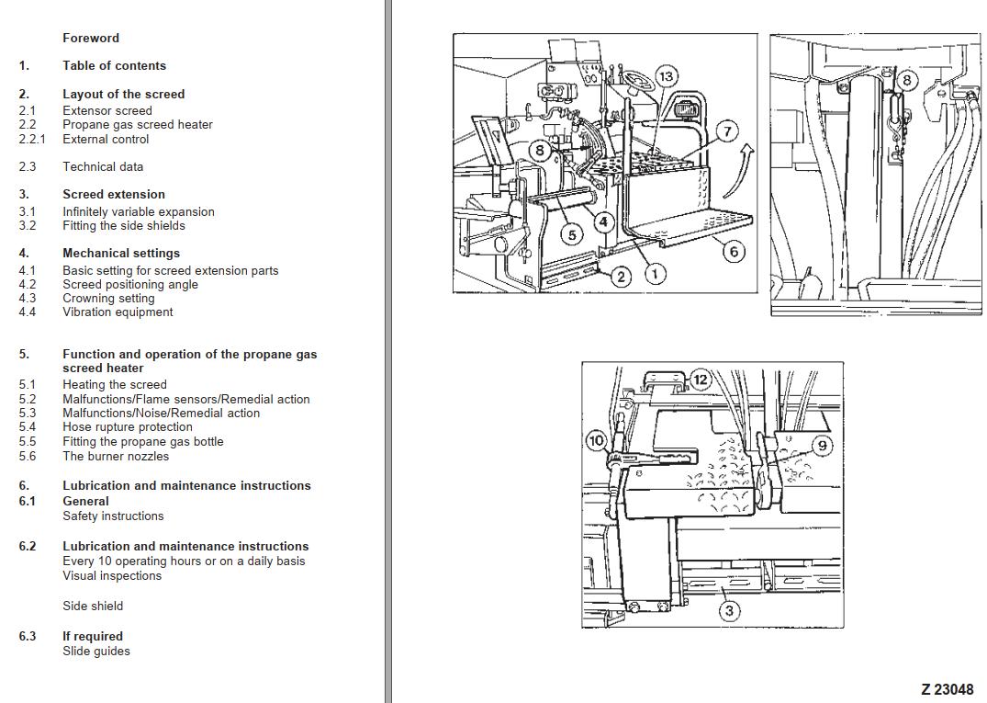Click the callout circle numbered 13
(667, 76)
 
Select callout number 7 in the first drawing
(727, 131)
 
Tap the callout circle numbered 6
(733, 251)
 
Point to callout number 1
(655, 273)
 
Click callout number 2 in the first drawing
(621, 277)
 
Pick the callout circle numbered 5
(572, 234)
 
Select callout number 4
(603, 221)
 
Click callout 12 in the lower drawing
(700, 379)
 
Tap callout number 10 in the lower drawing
(596, 441)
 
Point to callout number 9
(822, 446)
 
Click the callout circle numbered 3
(729, 610)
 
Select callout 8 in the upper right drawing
(906, 80)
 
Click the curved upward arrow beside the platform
(735, 171)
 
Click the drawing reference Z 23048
(947, 689)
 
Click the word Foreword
(91, 39)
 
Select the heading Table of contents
(114, 66)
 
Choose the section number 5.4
(28, 427)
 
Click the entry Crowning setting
(108, 299)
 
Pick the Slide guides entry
(96, 652)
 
